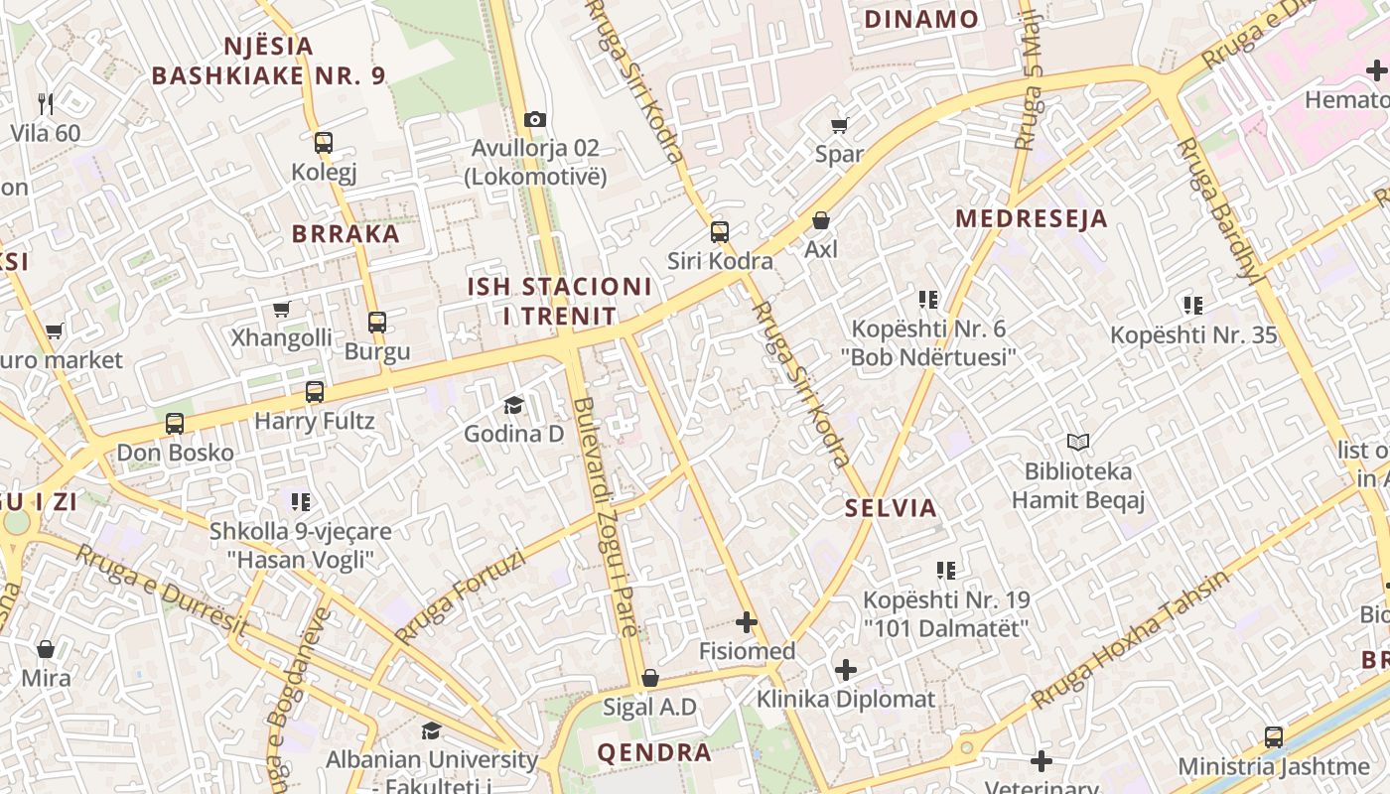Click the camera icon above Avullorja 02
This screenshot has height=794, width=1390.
535,120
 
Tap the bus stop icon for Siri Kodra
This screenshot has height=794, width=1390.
720,232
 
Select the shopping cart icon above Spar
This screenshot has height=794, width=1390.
840,125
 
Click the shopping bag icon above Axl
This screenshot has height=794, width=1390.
821,219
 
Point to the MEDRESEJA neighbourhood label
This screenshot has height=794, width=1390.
1031,219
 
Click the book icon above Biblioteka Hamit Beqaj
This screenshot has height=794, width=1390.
1078,442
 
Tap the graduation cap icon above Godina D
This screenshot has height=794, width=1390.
513,405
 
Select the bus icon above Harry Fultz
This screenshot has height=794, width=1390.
315,392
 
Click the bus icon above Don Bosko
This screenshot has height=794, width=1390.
175,424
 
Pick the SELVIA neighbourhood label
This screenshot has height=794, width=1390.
891,508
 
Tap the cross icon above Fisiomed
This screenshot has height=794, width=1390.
747,622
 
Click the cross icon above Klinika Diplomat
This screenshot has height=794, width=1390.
846,670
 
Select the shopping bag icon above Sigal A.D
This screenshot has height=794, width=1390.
650,678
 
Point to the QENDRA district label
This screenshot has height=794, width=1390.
654,752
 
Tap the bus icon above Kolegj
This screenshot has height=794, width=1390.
324,143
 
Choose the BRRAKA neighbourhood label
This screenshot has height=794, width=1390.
346,234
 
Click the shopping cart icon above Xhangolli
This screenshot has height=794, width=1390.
282,310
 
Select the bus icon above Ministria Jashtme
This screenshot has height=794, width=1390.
1274,737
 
